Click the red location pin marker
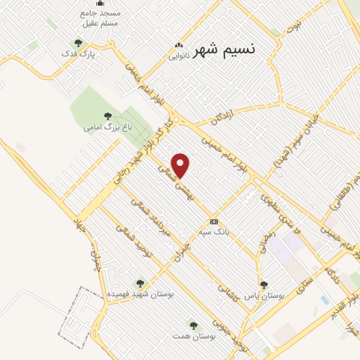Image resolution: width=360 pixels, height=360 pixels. tap(181, 165)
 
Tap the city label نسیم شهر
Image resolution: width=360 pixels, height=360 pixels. tap(224, 49)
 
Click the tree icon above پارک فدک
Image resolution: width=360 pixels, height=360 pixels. tap(78, 44)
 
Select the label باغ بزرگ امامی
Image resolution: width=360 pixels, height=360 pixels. tap(107, 127)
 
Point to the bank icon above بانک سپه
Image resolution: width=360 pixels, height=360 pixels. tap(214, 221)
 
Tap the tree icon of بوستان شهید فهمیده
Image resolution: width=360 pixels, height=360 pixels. tap(140, 283)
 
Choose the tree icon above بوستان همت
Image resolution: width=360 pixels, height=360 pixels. tap(193, 326)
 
